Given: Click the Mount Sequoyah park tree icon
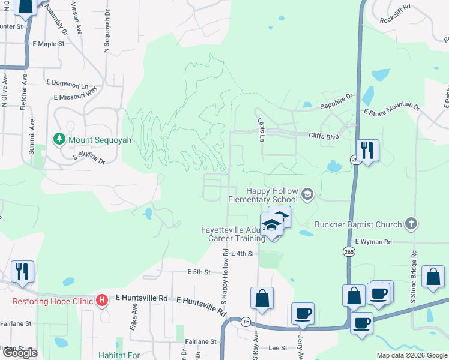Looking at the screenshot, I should (x=59, y=140).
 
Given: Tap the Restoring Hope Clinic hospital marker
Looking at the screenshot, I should (x=103, y=299).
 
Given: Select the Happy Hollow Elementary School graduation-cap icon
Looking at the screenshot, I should (x=307, y=193).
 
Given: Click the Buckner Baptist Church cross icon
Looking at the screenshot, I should (x=411, y=224).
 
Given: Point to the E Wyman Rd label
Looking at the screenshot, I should (x=373, y=242).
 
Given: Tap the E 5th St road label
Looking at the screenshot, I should (x=199, y=272).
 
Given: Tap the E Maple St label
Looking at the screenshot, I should (x=49, y=44).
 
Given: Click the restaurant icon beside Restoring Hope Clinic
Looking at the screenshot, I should (x=22, y=271).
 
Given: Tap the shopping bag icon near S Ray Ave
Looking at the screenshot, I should (x=262, y=298).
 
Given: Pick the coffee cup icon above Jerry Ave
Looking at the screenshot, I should (x=303, y=313).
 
